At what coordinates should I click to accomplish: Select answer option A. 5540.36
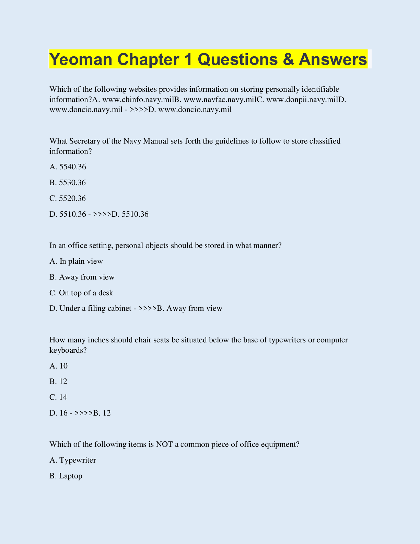68,167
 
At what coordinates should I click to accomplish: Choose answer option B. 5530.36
68,183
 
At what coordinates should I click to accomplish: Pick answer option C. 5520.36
68,199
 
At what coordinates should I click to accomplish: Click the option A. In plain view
76,261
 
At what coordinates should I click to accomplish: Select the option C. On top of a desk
81,293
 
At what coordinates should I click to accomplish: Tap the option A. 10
59,366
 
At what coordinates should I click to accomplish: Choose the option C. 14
59,397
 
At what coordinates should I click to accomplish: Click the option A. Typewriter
73,460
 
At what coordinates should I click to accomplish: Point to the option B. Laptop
66,476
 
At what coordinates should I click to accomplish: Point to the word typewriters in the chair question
288,340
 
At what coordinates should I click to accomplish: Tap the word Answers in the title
333,59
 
